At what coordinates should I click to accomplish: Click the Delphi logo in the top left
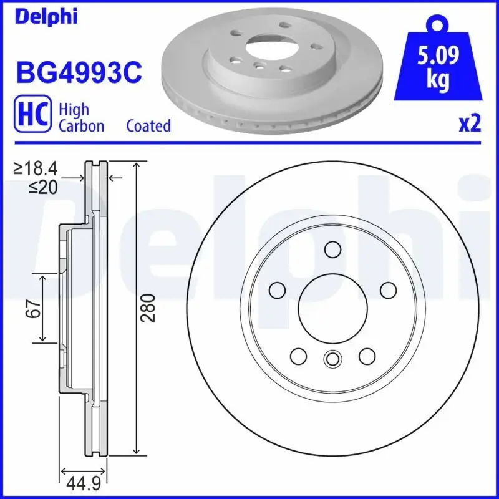tap(46, 16)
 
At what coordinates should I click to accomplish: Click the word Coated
tap(148, 126)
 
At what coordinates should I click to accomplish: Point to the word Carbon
tap(81, 126)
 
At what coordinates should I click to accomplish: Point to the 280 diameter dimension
tap(148, 308)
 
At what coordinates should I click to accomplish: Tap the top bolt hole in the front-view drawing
tap(332, 250)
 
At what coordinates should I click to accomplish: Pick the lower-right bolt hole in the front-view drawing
tap(367, 356)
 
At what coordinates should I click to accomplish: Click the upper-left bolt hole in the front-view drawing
tap(277, 290)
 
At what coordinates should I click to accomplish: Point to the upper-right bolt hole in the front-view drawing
tap(388, 290)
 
